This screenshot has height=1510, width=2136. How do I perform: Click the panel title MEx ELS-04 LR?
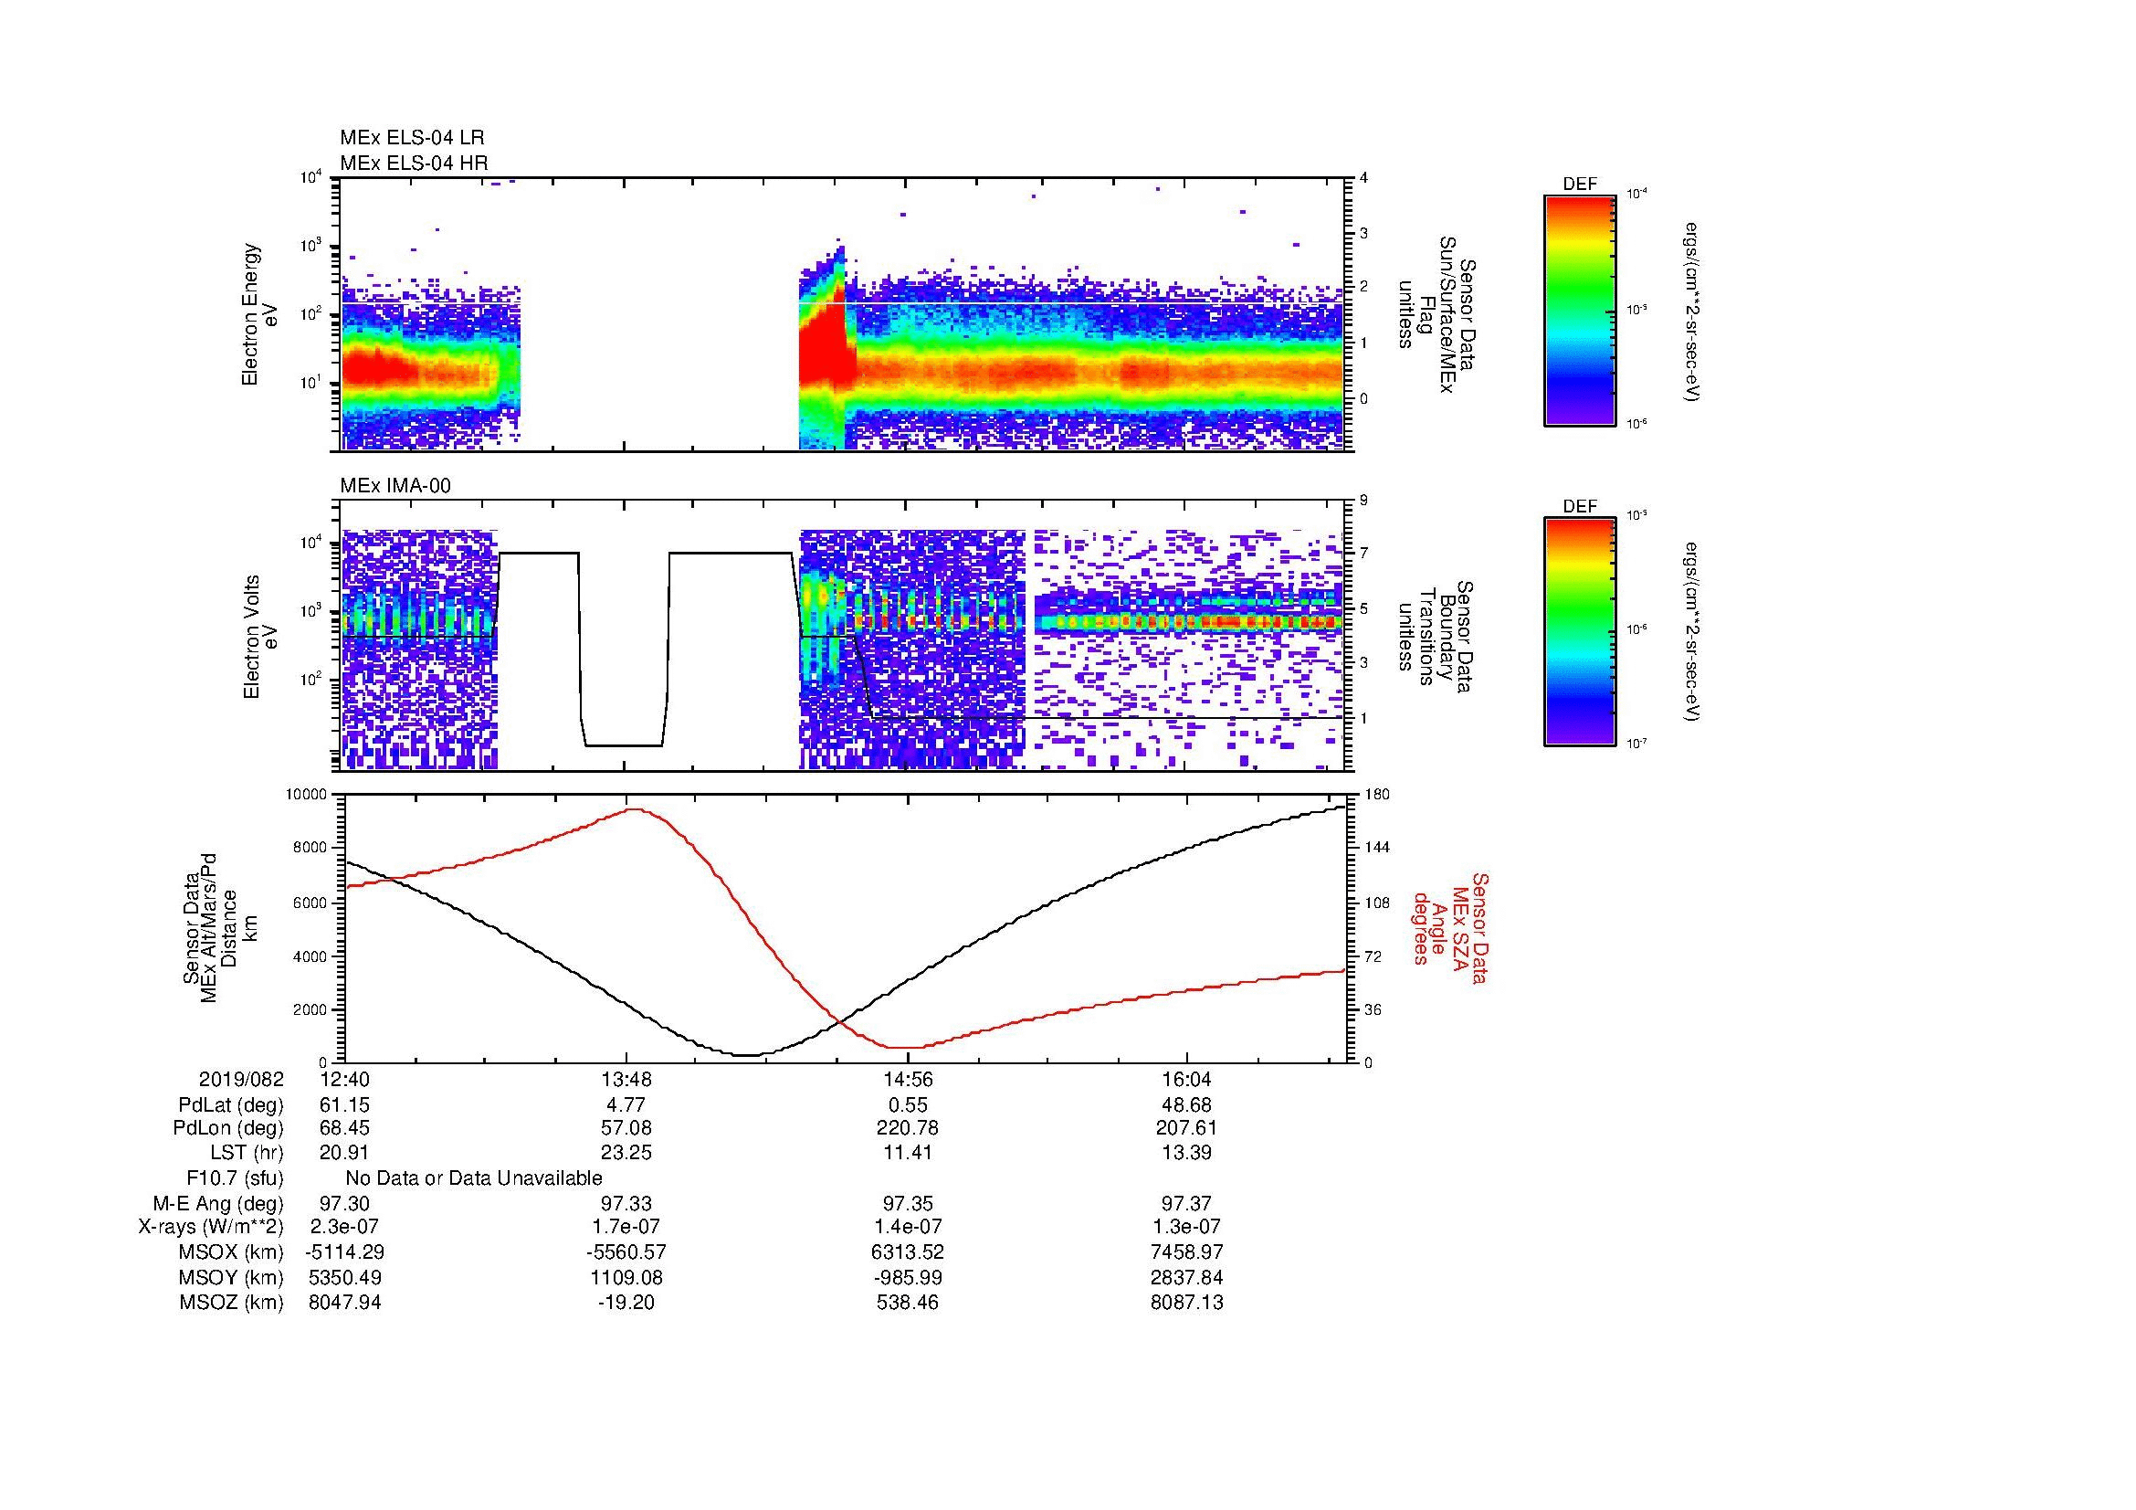(x=411, y=138)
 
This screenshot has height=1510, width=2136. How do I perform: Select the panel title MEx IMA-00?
(x=395, y=486)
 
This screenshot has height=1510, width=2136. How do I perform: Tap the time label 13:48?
(x=626, y=1080)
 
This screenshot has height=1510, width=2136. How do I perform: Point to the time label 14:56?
(x=907, y=1080)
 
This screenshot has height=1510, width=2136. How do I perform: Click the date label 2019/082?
(x=241, y=1080)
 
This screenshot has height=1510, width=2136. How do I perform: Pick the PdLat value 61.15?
(x=345, y=1105)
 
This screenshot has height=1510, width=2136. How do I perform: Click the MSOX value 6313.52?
(x=907, y=1252)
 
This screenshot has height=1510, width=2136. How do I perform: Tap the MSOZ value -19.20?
(x=626, y=1303)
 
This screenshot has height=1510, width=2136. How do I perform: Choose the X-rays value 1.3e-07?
(x=1186, y=1227)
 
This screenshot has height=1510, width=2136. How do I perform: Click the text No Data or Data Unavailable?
(x=474, y=1178)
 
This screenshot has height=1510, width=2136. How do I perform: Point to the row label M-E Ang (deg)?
(x=217, y=1203)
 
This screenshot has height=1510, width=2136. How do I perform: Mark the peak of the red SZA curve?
(x=636, y=809)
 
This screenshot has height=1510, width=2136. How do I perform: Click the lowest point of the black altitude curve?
(x=750, y=1055)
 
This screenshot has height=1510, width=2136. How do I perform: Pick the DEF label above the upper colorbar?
(x=1580, y=185)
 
